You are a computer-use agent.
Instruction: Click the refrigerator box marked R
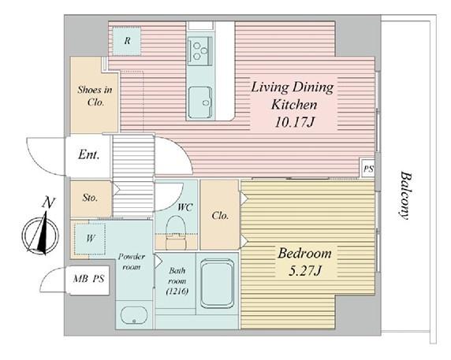[127, 41]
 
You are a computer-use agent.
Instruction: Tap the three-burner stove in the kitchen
[200, 51]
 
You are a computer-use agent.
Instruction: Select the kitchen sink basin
[200, 102]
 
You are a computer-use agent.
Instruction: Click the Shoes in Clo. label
[95, 95]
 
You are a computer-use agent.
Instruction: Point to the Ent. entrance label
[89, 155]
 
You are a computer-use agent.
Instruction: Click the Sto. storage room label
[90, 198]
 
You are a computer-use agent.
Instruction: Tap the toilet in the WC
[176, 232]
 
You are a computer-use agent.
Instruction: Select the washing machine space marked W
[90, 238]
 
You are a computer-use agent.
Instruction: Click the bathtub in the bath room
[217, 284]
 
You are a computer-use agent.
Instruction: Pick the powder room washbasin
[134, 315]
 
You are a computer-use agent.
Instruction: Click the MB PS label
[88, 279]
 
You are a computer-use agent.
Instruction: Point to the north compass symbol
[40, 234]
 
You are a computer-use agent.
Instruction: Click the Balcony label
[405, 195]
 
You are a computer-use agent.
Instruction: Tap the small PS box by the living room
[368, 169]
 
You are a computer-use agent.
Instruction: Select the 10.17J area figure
[294, 122]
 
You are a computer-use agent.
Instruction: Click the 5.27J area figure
[304, 271]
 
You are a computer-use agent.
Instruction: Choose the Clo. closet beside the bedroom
[220, 215]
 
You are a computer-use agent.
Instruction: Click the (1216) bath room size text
[177, 291]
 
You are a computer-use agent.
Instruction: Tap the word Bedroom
[304, 254]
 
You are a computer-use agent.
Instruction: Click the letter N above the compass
[48, 202]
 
